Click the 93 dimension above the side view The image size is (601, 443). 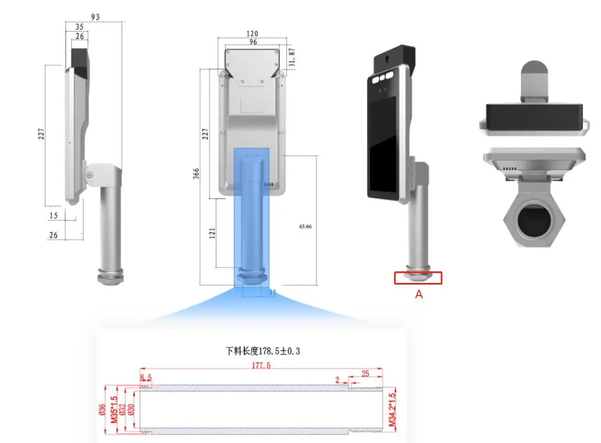point(95,17)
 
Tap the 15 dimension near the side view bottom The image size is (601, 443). point(54,215)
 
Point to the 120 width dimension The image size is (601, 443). point(253,34)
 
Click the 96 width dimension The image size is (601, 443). point(253,42)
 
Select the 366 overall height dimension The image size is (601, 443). point(196,173)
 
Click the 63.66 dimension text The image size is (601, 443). point(305,226)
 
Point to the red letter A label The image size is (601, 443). point(418,294)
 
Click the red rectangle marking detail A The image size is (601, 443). point(418,278)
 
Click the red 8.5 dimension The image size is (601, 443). point(145,377)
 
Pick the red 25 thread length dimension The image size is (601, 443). point(365,373)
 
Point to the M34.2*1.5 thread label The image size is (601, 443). point(392,409)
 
